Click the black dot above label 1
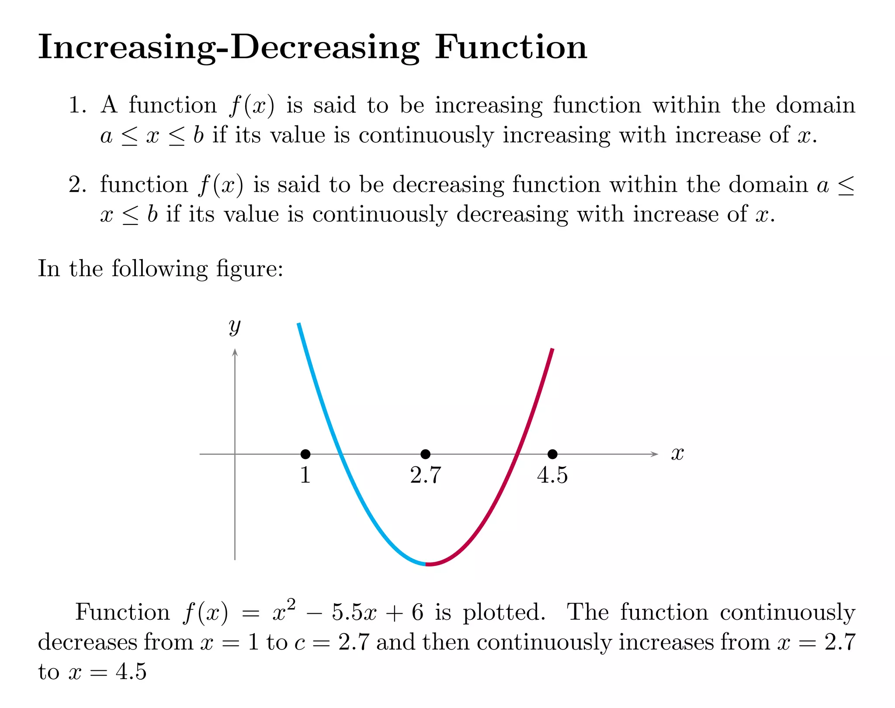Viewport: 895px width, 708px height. coord(305,454)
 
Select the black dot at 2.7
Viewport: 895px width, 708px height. coord(425,454)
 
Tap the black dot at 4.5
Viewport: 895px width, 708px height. coord(552,454)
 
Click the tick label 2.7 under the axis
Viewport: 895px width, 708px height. coord(425,475)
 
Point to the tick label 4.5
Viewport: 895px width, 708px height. coord(552,475)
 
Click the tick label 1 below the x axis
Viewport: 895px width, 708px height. coord(305,475)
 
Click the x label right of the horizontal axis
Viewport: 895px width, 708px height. coord(677,454)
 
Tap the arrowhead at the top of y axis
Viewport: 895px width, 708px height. coord(235,352)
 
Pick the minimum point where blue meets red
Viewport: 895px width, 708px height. coord(426,565)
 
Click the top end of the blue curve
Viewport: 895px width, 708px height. coord(298,324)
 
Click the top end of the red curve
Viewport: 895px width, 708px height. coord(552,349)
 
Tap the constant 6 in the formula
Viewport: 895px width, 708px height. coord(417,612)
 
